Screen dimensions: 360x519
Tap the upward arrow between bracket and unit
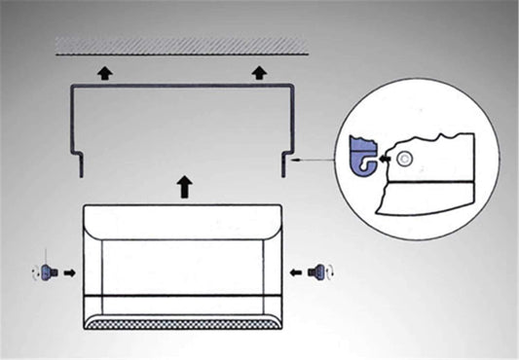(184, 186)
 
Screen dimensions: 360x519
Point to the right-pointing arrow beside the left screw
(68, 273)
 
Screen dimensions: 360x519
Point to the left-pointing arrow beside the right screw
(295, 273)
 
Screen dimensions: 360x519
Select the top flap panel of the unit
(183, 222)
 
